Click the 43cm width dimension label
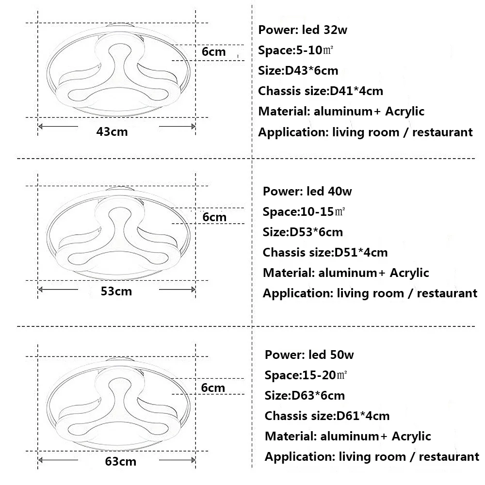pos(112,132)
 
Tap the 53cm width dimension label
pos(116,291)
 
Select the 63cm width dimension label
pos(121,462)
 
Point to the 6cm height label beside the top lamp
pos(214,52)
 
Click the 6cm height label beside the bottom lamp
pos(213,388)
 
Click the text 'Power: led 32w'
pos(303,30)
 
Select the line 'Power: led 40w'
pos(307,192)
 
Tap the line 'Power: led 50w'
pos(309,355)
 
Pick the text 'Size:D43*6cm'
pos(298,71)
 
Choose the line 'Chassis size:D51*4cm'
pos(325,253)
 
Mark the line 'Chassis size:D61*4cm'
pos(327,416)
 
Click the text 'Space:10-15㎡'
pos(304,212)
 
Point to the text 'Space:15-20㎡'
pos(306,375)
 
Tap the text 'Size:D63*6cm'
pos(305,396)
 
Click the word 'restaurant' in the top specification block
pos(443,132)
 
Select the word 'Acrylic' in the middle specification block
pos(409,273)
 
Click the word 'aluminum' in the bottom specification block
pos(350,436)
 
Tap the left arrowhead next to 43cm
pos(40,126)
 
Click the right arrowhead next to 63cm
pos(194,460)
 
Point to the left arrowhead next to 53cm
pos(40,290)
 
